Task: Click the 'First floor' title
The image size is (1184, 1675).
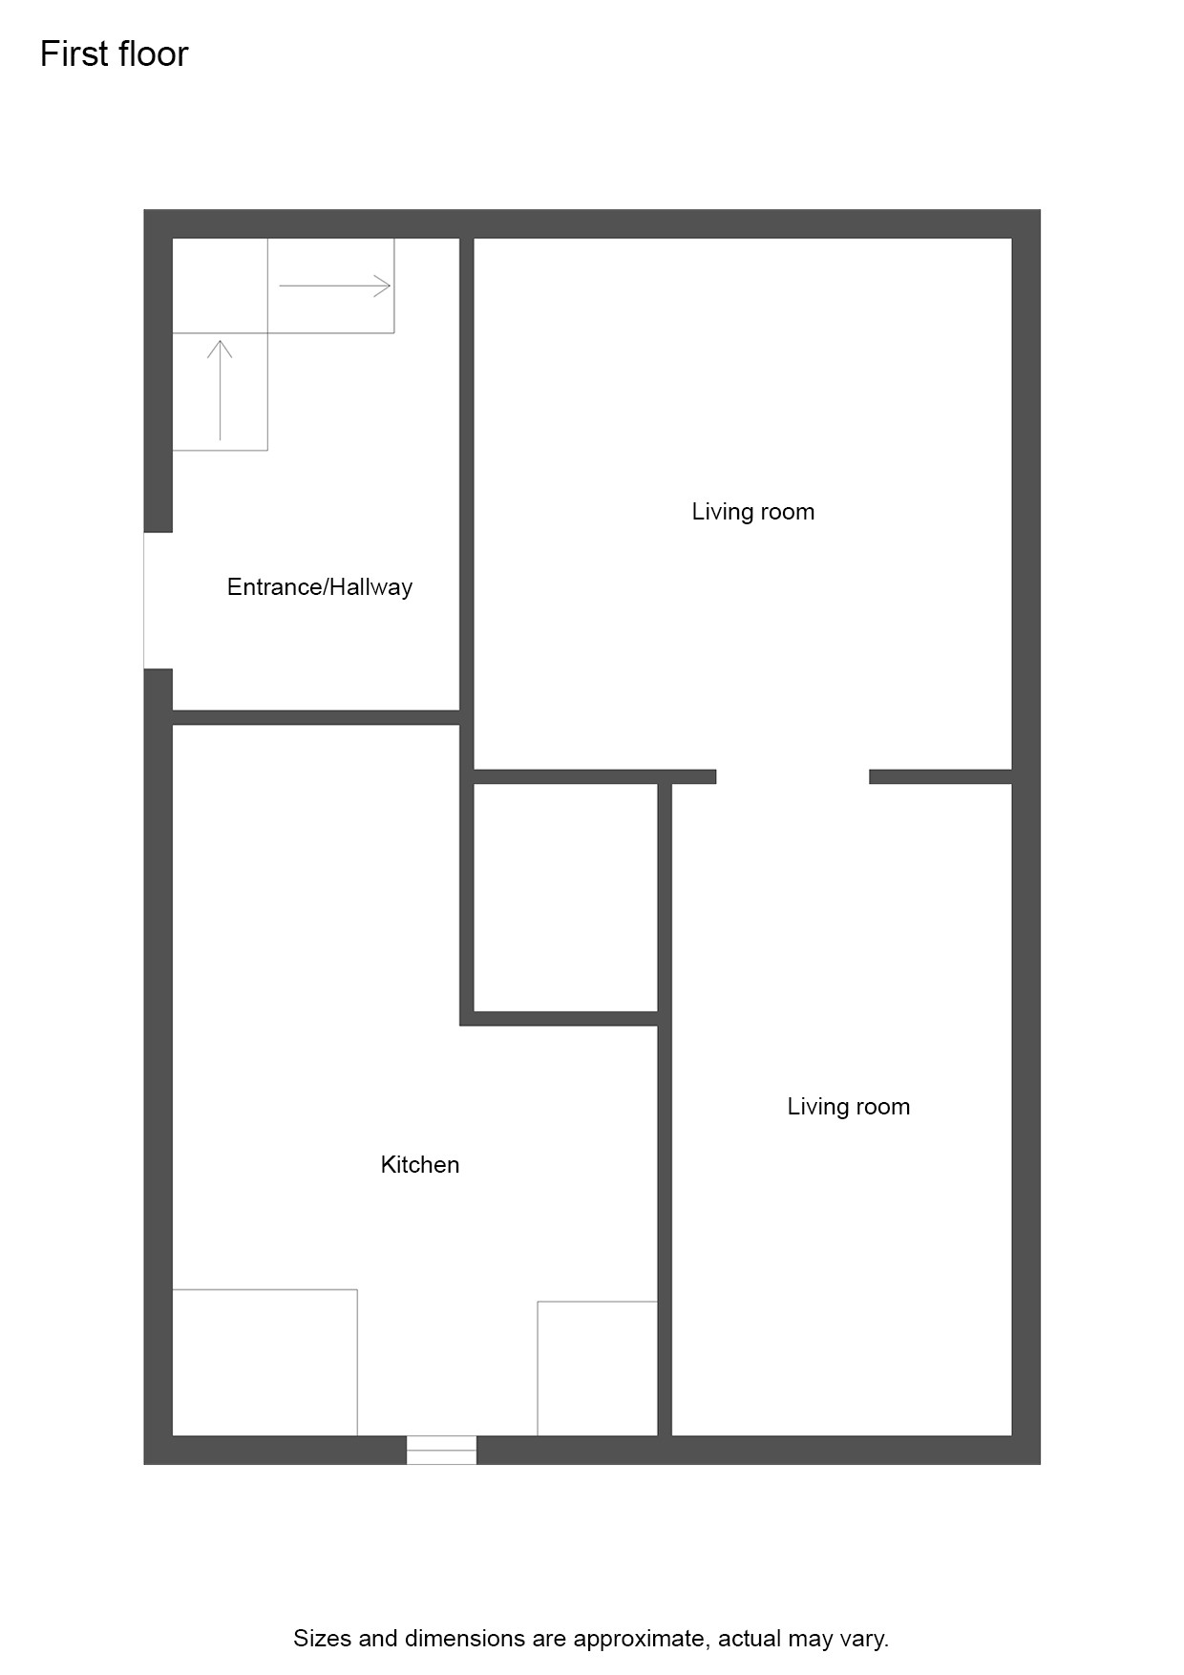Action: pos(115,54)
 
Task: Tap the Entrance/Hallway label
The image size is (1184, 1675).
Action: pos(320,587)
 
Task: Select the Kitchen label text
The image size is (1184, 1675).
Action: pos(420,1165)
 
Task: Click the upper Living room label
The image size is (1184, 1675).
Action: pos(753,512)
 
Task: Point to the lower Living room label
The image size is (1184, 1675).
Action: pos(849,1107)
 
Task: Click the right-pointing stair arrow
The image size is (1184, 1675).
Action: pos(335,286)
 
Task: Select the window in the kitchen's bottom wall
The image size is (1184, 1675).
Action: pos(441,1450)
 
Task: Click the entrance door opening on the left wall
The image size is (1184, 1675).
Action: pos(159,601)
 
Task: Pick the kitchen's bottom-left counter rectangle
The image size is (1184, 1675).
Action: pos(264,1363)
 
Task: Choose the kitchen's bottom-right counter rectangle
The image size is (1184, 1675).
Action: pos(598,1368)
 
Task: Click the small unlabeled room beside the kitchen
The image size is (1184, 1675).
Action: pos(565,898)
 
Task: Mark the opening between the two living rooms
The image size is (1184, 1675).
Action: pos(793,777)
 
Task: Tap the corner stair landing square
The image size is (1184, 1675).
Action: pos(220,286)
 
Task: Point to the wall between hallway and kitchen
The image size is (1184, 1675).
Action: pos(316,718)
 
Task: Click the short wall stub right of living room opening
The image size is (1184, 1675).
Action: pos(941,777)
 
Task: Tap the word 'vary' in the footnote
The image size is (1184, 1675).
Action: pos(860,1640)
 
